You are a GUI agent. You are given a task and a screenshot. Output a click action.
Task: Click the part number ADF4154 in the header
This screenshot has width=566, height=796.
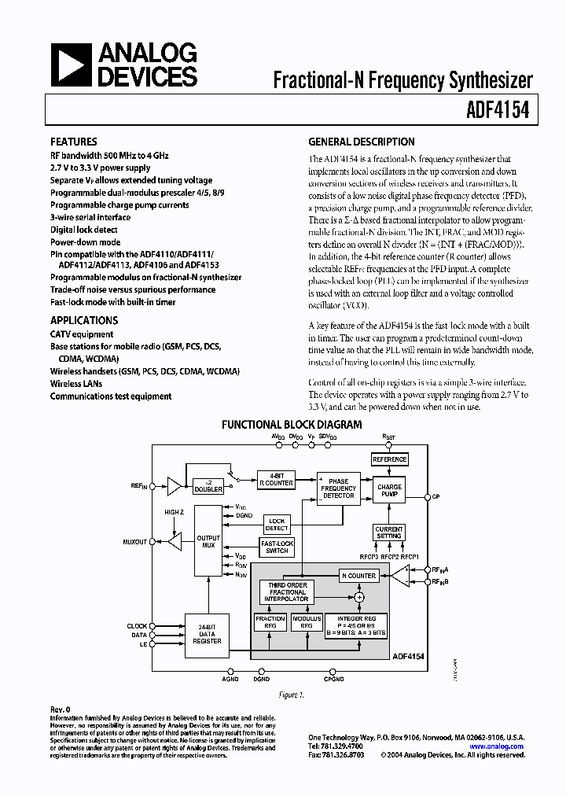[500, 109]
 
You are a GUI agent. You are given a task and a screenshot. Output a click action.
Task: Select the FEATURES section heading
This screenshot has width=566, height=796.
[73, 142]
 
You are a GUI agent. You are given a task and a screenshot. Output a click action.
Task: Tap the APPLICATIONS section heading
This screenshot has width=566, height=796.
[83, 320]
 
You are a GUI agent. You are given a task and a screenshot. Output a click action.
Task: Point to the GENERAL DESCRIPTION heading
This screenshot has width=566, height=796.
[361, 142]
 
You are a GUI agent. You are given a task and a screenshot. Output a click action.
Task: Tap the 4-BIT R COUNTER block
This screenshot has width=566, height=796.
[276, 480]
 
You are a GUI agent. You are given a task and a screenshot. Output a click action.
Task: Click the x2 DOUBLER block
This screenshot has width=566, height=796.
[208, 485]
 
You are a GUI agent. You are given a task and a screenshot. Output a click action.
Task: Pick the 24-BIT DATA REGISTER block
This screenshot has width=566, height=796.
[207, 635]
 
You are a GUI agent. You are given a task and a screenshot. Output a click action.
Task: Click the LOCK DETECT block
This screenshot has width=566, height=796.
[277, 524]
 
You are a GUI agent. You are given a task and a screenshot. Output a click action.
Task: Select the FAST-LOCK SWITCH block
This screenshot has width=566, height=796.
[277, 547]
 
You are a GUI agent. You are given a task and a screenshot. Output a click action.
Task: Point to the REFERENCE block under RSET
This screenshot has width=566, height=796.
[389, 459]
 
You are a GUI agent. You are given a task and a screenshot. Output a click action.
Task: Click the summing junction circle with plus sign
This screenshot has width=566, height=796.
[360, 599]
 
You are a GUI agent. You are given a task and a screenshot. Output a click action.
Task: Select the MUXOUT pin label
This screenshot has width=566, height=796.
[135, 542]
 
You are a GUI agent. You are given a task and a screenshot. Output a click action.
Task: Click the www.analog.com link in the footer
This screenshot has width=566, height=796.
[497, 746]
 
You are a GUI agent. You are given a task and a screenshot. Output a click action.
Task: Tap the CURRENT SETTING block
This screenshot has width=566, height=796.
[389, 533]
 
